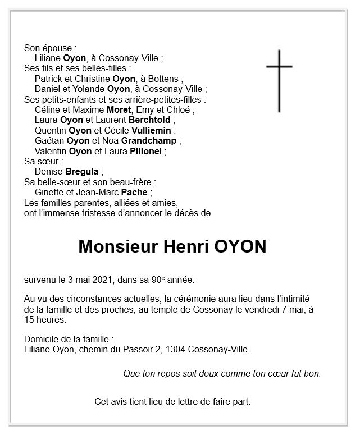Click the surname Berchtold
point(151,120)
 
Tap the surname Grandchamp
point(150,141)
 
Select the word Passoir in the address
point(134,350)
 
